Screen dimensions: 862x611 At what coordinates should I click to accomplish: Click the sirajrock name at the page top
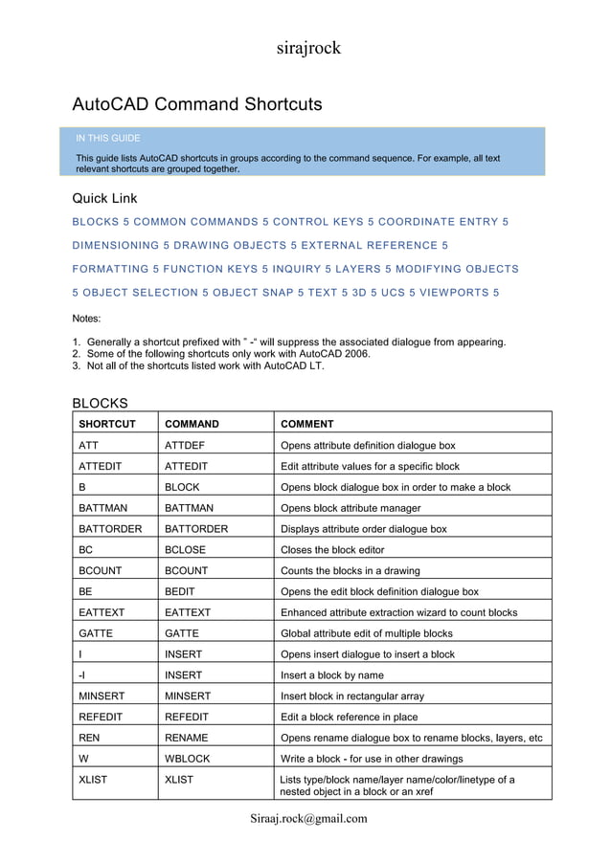coord(308,48)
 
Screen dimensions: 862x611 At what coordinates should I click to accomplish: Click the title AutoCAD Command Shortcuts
coord(197,104)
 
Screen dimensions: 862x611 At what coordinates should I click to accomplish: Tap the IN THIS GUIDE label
coord(107,139)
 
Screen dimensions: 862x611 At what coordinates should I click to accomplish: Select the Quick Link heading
coord(105,199)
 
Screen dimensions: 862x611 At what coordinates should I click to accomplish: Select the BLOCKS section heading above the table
coord(101,404)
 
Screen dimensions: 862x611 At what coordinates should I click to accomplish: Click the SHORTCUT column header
coord(107,424)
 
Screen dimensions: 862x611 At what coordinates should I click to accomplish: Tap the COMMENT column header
coord(306,424)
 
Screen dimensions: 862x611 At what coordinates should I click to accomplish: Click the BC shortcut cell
coord(85,550)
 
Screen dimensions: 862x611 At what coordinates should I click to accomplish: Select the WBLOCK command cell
coord(187,759)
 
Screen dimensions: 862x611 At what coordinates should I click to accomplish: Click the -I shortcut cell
coord(82,675)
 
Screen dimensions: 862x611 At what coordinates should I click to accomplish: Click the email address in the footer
coord(308,819)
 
